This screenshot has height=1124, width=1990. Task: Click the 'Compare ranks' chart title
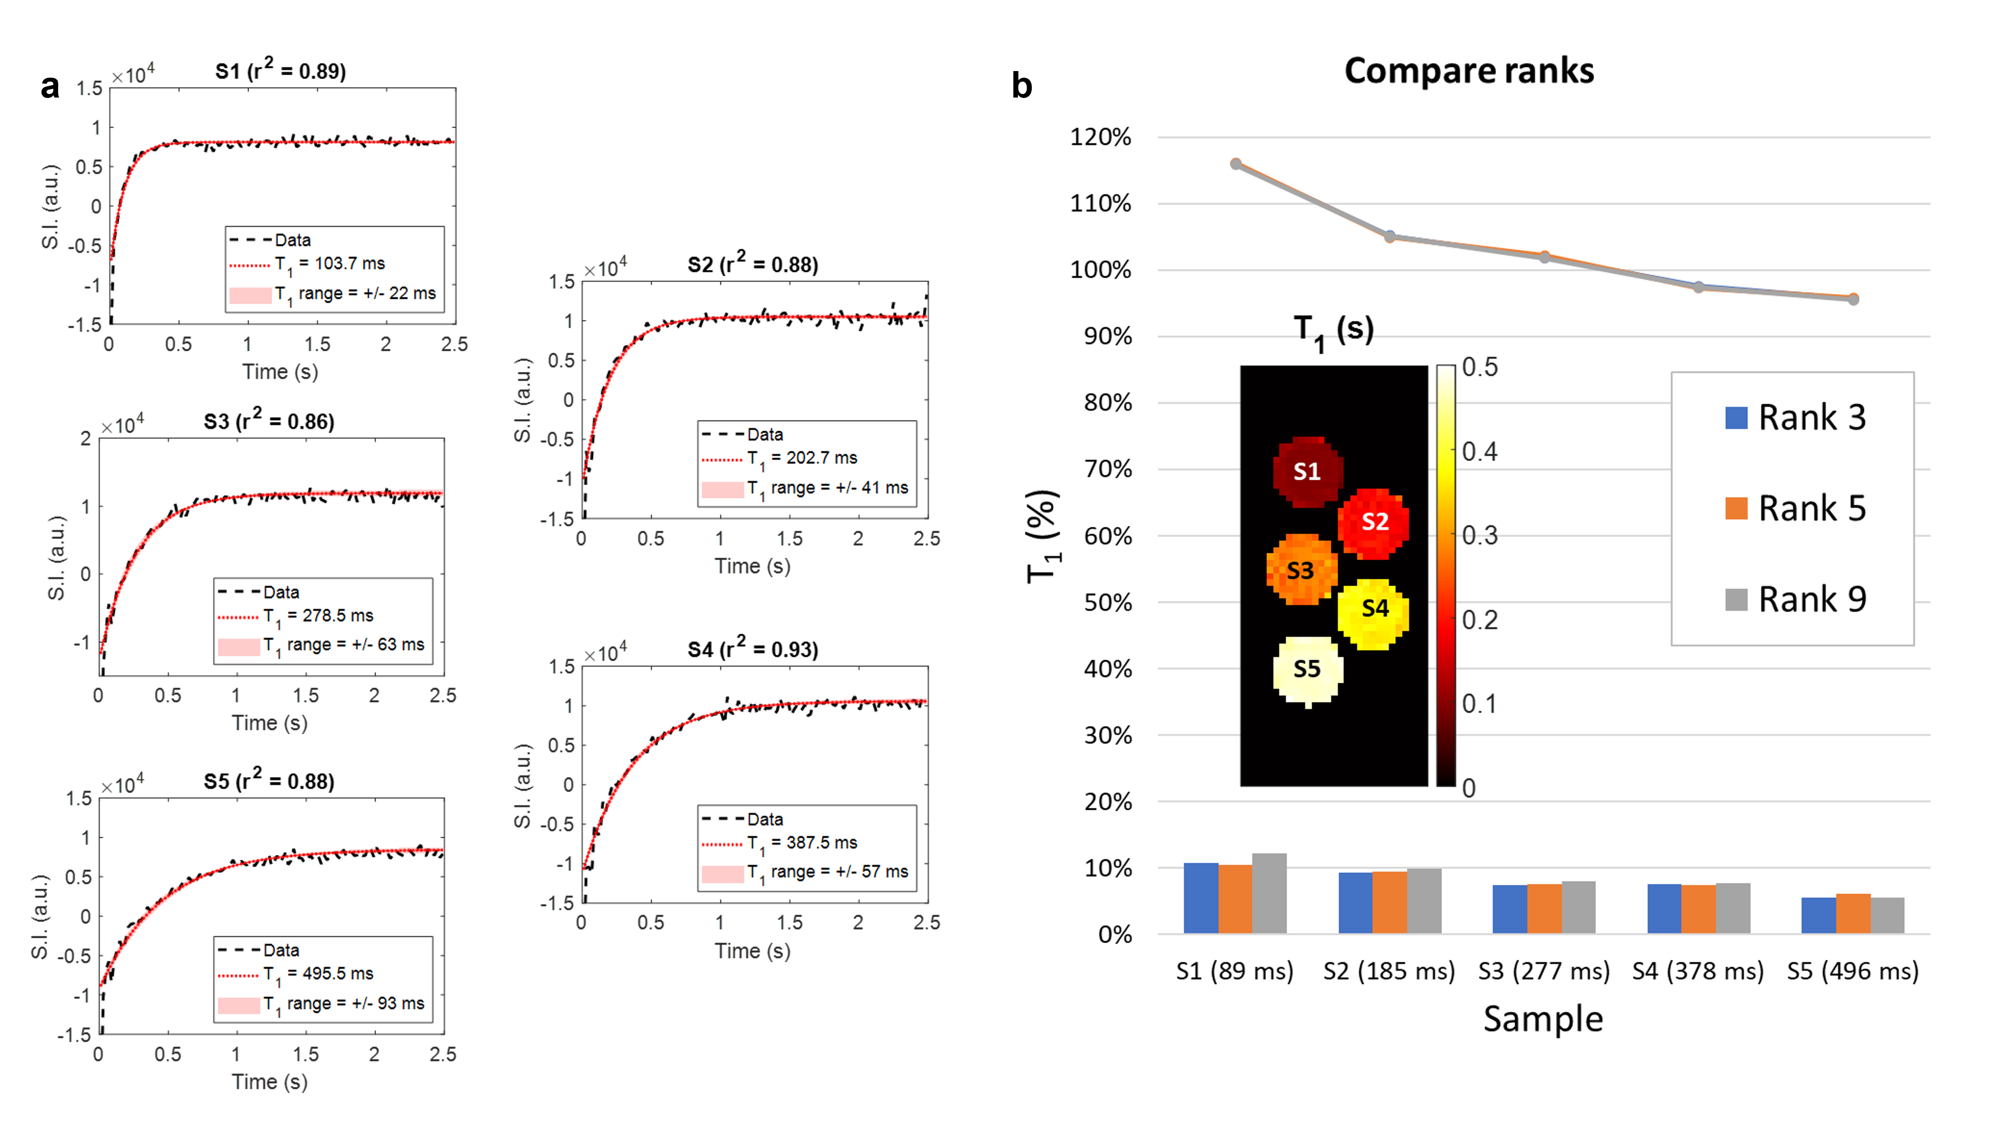tap(1468, 71)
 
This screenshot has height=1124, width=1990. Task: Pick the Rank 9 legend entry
tap(1795, 599)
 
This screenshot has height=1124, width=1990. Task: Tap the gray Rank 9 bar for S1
tap(1269, 894)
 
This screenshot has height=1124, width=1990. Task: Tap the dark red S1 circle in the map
tap(1307, 471)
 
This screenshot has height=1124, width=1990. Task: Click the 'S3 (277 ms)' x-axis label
tap(1543, 971)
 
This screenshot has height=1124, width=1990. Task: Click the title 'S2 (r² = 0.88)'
tap(752, 264)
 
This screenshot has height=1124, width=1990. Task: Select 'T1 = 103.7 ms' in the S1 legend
tap(330, 264)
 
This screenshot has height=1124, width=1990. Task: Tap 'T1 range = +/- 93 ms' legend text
tap(344, 1004)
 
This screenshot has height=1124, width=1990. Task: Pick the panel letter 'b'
tap(1021, 86)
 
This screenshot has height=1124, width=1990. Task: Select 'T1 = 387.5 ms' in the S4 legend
tap(802, 843)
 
